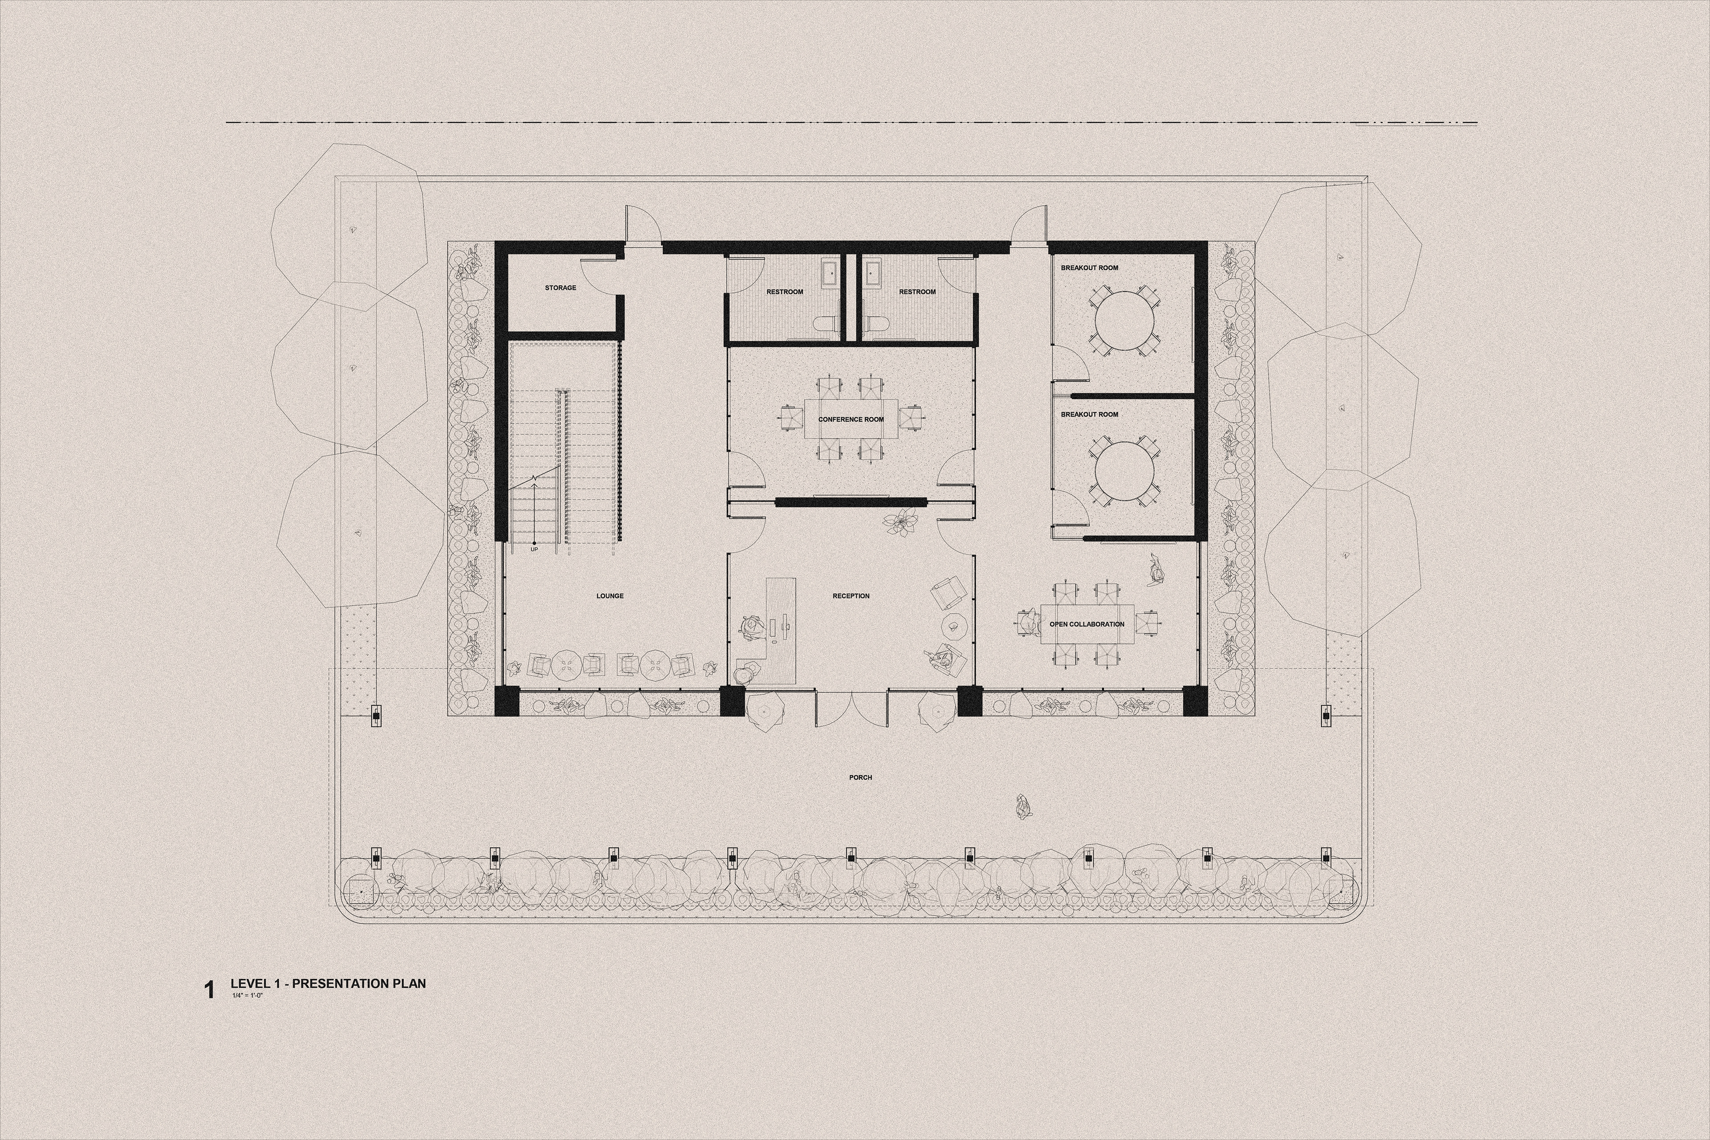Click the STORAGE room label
pos(561,288)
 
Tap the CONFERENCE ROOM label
pos(851,419)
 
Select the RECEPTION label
pos(851,596)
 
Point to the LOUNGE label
pos(610,596)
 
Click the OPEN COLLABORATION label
pos(1087,624)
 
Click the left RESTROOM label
pos(785,292)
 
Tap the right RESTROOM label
pos(917,292)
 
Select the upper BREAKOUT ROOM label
pos(1089,268)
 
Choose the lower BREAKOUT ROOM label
pos(1089,415)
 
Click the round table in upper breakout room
pos(1125,321)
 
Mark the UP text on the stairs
pos(534,549)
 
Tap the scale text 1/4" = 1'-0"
pos(247,995)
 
